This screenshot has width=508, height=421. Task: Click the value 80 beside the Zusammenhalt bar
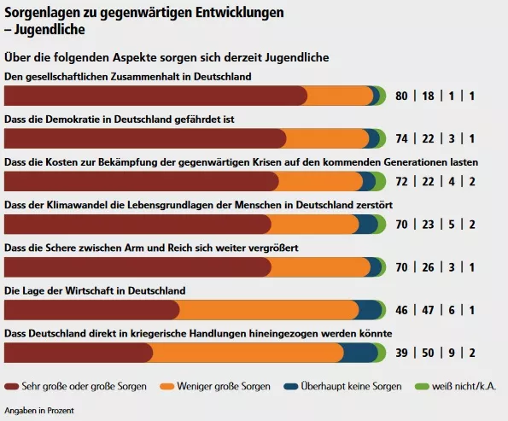pos(401,96)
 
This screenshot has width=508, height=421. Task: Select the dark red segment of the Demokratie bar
pos(145,138)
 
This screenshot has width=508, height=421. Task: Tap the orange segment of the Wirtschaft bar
pos(269,310)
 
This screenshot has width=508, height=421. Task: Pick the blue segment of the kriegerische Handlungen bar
pos(360,353)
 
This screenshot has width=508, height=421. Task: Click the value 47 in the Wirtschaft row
pos(428,310)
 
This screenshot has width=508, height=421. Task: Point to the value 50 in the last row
pos(428,353)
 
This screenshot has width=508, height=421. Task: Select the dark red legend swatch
pos(12,386)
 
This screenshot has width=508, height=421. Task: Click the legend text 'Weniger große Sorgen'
pos(224,386)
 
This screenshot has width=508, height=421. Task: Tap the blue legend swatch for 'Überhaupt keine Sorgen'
pos(290,386)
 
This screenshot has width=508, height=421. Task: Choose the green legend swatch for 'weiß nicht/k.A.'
pos(422,386)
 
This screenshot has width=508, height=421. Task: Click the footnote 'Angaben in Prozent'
pos(39,411)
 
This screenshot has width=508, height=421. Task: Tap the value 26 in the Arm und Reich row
pos(428,267)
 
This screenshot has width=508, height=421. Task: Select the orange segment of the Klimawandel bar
pos(314,224)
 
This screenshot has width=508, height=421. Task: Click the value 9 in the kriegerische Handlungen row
pos(452,353)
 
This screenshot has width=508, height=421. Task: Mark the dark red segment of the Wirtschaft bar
pos(91,310)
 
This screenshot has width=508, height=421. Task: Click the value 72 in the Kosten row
pos(401,182)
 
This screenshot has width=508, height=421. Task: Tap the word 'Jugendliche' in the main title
pos(50,30)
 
